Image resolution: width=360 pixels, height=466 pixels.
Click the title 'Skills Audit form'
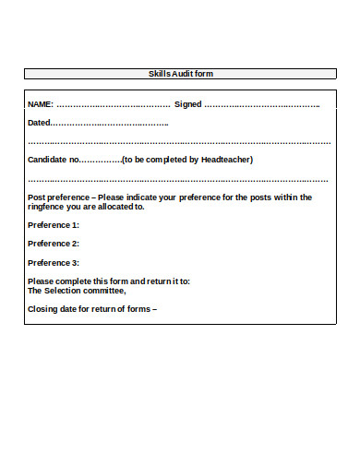[181, 73]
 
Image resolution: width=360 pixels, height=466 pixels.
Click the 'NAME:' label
[41, 104]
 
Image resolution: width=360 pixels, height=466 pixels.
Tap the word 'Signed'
[187, 104]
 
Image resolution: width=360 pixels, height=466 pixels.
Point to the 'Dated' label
[39, 123]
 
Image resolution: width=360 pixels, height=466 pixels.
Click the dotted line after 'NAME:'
[114, 105]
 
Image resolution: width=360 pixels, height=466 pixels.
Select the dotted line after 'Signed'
[262, 105]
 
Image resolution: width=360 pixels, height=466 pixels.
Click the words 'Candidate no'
[53, 160]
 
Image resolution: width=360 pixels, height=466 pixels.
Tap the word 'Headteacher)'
[227, 160]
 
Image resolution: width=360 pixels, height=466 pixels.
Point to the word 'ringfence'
[47, 207]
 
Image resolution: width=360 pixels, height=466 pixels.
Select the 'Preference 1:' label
[54, 225]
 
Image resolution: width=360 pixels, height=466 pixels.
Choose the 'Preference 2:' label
[54, 244]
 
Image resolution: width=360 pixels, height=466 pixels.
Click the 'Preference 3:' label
[54, 263]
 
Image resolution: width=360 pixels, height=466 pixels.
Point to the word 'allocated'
[117, 207]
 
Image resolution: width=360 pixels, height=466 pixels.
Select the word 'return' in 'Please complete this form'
[144, 281]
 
